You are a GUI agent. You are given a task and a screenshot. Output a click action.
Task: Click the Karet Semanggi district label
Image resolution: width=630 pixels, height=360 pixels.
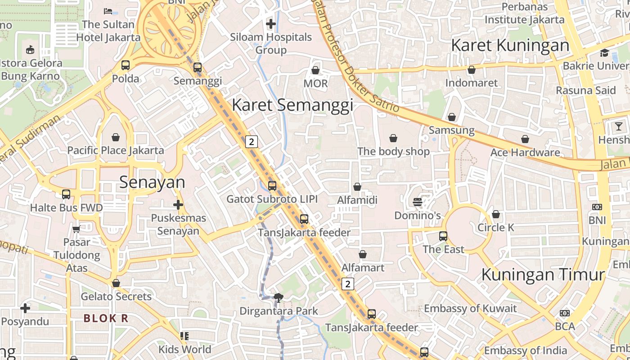click(x=292, y=105)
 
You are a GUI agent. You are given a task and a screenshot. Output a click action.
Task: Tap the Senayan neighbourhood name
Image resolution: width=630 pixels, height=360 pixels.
click(x=152, y=182)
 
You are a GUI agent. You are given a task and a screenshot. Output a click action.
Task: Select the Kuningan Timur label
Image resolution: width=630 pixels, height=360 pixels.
click(x=543, y=274)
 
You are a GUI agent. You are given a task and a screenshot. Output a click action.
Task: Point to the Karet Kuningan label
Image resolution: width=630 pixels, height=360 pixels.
click(x=510, y=45)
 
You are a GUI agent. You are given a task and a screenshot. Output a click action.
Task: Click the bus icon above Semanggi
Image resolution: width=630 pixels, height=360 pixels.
click(x=197, y=68)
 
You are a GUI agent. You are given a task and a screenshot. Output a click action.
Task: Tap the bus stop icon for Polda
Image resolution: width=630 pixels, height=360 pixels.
click(x=126, y=65)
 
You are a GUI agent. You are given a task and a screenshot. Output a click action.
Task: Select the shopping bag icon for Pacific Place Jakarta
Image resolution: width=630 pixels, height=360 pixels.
click(x=116, y=137)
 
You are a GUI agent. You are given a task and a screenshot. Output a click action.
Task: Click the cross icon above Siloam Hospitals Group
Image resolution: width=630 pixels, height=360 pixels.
click(x=271, y=24)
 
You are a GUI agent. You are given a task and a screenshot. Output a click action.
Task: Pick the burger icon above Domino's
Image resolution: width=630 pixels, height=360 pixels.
click(x=417, y=202)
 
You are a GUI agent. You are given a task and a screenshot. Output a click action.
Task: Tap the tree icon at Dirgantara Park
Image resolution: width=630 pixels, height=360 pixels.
click(x=279, y=297)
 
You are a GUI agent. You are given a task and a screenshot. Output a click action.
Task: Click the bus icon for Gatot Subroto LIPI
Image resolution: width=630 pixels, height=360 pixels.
click(x=272, y=185)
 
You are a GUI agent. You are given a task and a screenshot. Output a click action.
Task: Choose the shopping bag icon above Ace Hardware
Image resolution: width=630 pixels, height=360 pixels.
click(x=525, y=139)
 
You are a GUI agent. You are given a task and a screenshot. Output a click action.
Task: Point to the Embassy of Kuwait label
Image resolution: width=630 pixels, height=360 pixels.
click(x=470, y=309)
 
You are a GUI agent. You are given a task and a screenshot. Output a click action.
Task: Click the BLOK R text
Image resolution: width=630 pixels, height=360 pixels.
click(x=106, y=318)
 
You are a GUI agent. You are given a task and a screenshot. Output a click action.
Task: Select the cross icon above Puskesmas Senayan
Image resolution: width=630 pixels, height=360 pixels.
click(x=178, y=205)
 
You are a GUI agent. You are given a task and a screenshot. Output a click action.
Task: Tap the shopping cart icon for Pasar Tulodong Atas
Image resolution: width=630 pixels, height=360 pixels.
click(x=76, y=229)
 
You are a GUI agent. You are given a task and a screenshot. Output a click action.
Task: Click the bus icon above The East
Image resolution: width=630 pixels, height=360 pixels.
click(x=443, y=236)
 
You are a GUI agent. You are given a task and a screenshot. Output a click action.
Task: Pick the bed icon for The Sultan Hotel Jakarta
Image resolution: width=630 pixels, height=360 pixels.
click(x=108, y=11)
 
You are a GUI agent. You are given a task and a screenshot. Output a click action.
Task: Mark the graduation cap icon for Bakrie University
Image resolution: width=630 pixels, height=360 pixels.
click(x=604, y=53)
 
